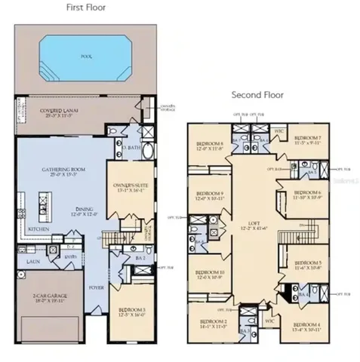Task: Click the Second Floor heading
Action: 257,96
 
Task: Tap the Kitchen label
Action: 38,227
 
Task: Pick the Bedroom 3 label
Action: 131,310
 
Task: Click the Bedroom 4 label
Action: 307,325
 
